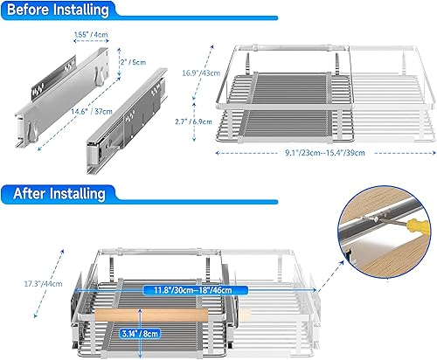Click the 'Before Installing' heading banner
pos(55,10)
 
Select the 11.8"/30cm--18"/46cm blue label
pos(185,289)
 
